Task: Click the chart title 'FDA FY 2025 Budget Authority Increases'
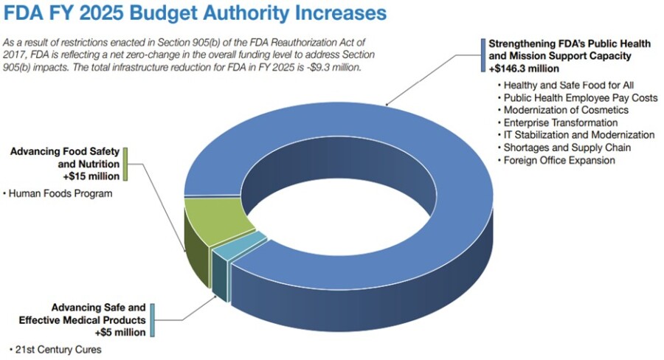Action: point(195,13)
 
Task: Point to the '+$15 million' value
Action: point(91,177)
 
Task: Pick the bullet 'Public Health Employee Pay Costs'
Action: point(580,98)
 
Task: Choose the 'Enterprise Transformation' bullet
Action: point(560,122)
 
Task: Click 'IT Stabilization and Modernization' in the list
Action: point(578,135)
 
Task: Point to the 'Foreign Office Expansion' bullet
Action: point(558,160)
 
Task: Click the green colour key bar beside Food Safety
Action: point(126,164)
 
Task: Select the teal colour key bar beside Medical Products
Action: point(152,319)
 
